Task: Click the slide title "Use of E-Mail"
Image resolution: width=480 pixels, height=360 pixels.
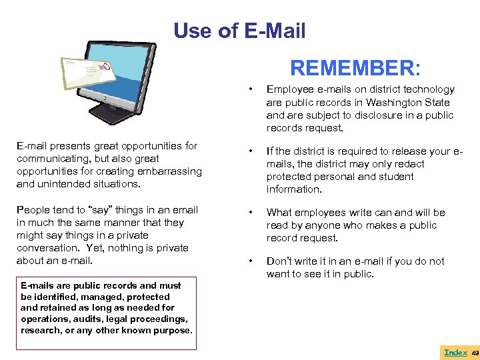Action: (x=239, y=31)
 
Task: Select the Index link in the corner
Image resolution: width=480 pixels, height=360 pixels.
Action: (x=455, y=352)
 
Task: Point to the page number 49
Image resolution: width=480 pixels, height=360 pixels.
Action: (x=475, y=352)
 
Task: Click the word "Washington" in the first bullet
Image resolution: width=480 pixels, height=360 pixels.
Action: (x=395, y=102)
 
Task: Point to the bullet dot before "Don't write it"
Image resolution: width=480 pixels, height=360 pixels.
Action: (x=249, y=261)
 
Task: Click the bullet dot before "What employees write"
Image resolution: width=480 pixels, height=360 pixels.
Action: (x=249, y=213)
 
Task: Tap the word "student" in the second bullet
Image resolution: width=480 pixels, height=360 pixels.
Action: (x=398, y=177)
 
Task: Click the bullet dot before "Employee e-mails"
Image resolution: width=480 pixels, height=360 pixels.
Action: (x=249, y=89)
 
